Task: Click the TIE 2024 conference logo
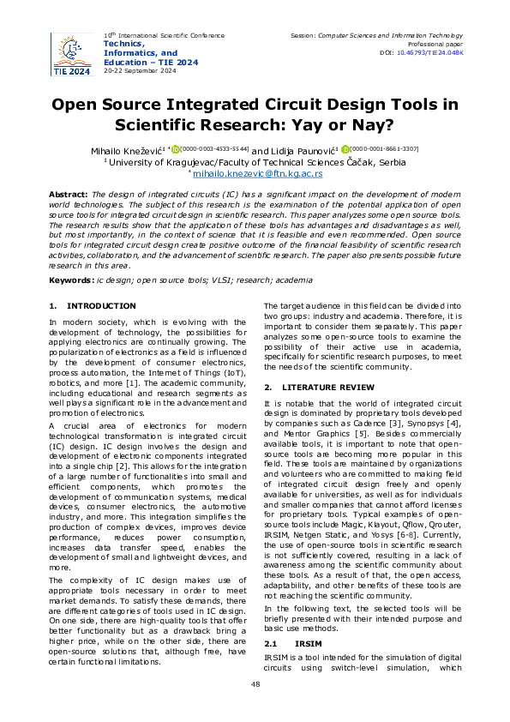pyautogui.click(x=72, y=54)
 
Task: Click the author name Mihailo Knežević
pyautogui.click(x=127, y=149)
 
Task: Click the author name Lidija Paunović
pyautogui.click(x=304, y=149)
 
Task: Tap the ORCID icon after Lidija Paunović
pyautogui.click(x=346, y=149)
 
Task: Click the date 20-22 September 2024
pyautogui.click(x=140, y=70)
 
